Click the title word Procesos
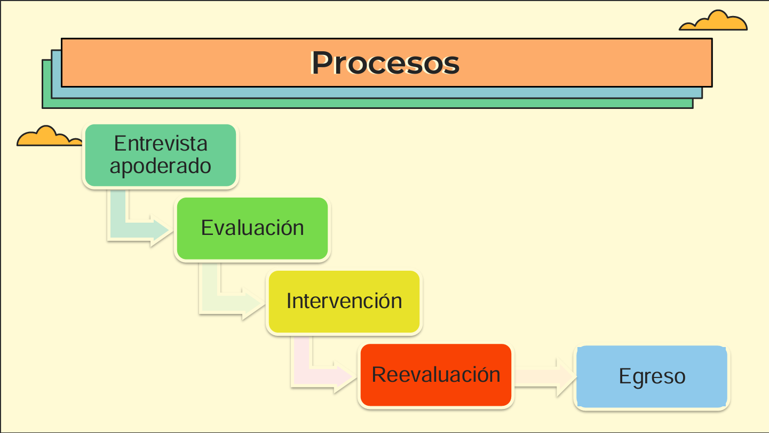(x=385, y=63)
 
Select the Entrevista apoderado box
(x=161, y=155)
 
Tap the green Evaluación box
(x=252, y=229)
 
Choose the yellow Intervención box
(x=344, y=302)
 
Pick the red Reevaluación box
(x=435, y=375)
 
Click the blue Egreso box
(x=652, y=377)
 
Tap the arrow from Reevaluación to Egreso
(x=545, y=377)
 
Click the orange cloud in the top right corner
(x=713, y=21)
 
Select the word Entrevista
(x=161, y=143)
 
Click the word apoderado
(x=160, y=167)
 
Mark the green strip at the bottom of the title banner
(x=367, y=104)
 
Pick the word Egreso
(x=652, y=377)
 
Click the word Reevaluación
(x=436, y=374)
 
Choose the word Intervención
(x=344, y=301)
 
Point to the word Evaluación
(x=252, y=227)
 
